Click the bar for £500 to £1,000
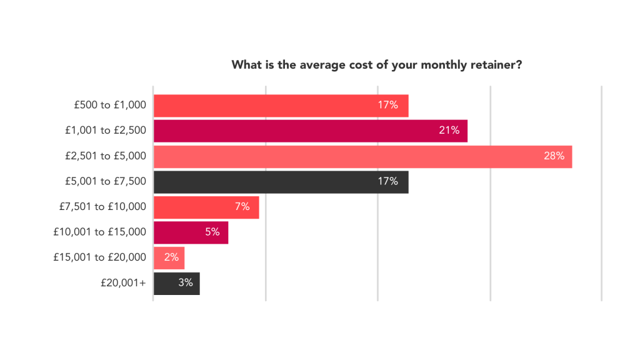281,106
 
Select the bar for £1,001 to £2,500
311,131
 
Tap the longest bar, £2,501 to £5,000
363,157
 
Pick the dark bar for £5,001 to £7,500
281,182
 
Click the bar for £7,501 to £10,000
206,207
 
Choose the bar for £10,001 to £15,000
191,232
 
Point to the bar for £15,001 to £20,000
169,258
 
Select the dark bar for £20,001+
177,284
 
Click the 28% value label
554,156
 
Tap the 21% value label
449,130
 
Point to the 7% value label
242,206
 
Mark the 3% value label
185,282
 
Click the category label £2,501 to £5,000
106,156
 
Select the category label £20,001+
123,283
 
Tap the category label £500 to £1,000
110,105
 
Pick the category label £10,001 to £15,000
99,232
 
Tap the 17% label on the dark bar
387,181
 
